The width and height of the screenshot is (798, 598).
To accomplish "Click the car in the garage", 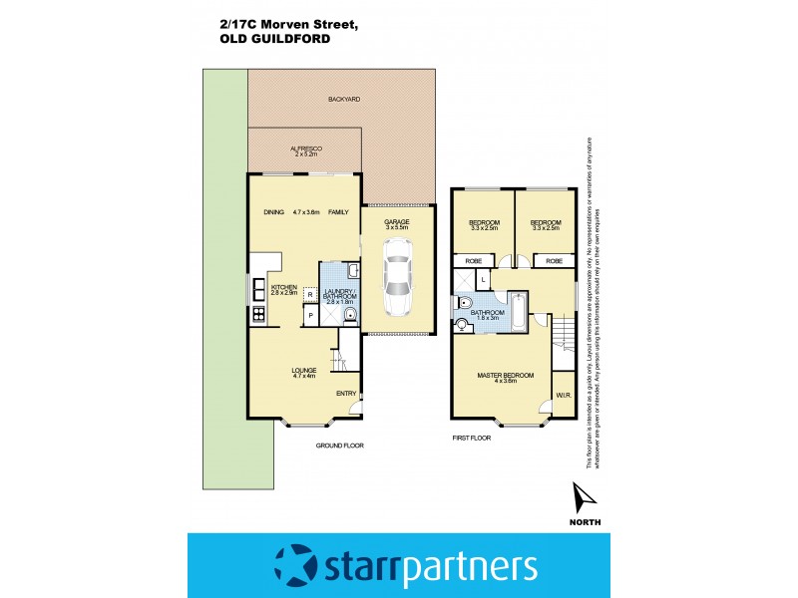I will tap(398, 284).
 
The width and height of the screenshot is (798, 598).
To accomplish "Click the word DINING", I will tap(274, 212).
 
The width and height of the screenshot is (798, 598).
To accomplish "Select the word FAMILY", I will tap(338, 212).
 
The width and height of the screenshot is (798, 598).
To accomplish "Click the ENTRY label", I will tap(346, 394).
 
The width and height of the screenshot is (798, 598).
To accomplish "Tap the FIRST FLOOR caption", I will tap(474, 438).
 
